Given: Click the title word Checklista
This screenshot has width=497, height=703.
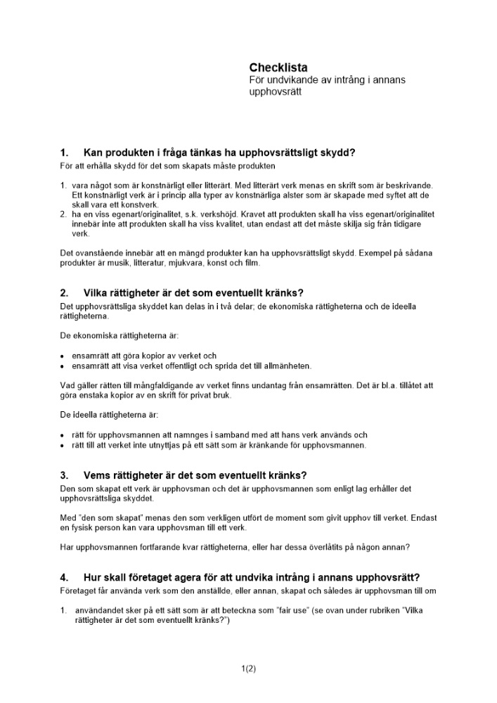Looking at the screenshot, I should pos(278,67).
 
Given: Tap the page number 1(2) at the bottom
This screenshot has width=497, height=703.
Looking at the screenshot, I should pos(248,669).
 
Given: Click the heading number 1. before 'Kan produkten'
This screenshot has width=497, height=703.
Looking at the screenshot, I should pos(64,153).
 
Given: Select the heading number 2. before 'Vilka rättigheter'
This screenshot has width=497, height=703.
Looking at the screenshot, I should pos(64,293).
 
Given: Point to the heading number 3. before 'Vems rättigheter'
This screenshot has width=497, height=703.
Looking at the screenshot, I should pos(64,475).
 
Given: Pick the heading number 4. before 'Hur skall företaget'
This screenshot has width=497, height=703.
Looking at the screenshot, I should pos(64,578).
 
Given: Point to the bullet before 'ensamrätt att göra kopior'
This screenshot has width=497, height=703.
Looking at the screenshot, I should pos(63,356).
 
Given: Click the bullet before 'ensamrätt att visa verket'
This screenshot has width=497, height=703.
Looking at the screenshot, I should pos(63,366).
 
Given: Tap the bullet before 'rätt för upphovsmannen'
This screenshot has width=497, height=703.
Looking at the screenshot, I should pos(63,436).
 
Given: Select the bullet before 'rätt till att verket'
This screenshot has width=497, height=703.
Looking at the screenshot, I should pos(63,446).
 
